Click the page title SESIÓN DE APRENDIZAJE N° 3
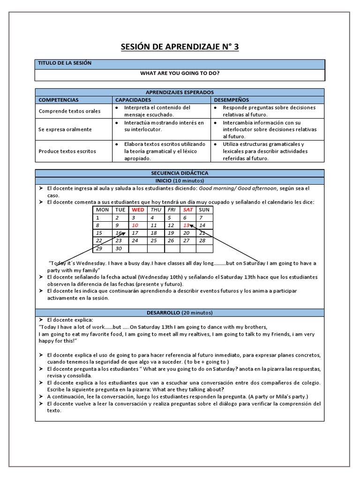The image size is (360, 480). click(x=180, y=47)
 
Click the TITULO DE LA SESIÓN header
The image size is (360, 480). click(x=65, y=63)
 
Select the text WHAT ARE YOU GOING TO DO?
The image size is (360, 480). click(x=180, y=74)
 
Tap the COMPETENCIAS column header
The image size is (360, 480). click(x=59, y=100)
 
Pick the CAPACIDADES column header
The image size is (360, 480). click(x=133, y=100)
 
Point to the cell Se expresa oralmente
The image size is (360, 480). click(x=65, y=129)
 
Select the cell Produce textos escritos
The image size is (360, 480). click(x=67, y=151)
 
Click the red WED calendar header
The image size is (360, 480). click(x=138, y=210)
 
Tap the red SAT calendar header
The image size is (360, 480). click(x=188, y=210)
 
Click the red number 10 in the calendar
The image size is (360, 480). click(x=135, y=225)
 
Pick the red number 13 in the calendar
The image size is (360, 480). click(x=186, y=225)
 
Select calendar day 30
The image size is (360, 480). click(x=119, y=248)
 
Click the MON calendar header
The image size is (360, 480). click(x=102, y=210)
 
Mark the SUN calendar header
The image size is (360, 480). click(x=204, y=210)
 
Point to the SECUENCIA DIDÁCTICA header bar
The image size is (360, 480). click(x=180, y=173)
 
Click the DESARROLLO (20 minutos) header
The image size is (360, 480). click(x=180, y=312)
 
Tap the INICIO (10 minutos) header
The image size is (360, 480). click(x=180, y=180)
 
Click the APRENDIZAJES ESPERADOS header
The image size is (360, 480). click(x=180, y=92)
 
